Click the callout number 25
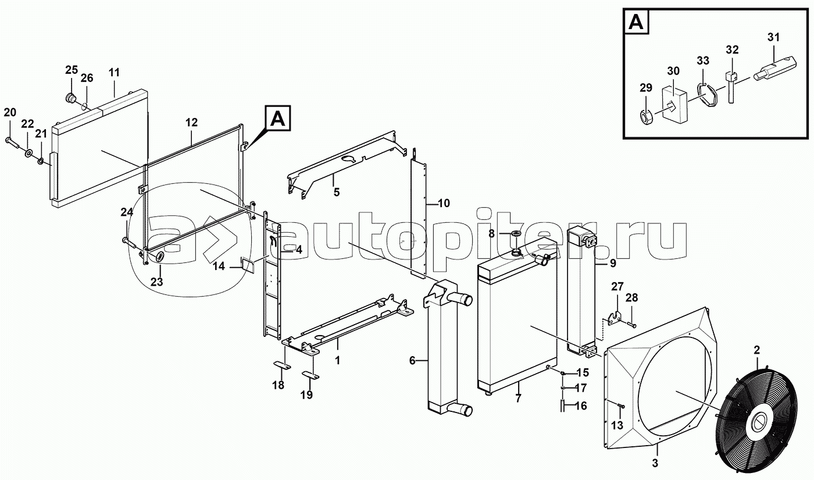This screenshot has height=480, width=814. [71, 70]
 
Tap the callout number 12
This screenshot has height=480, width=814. [192, 123]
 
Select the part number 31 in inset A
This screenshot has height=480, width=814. [773, 37]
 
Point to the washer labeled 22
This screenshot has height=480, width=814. [28, 154]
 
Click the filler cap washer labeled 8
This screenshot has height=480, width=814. [516, 234]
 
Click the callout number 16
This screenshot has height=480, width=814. [581, 406]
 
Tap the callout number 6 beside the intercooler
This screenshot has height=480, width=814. [412, 361]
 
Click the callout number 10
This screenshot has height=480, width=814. [444, 203]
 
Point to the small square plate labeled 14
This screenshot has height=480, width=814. [246, 265]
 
